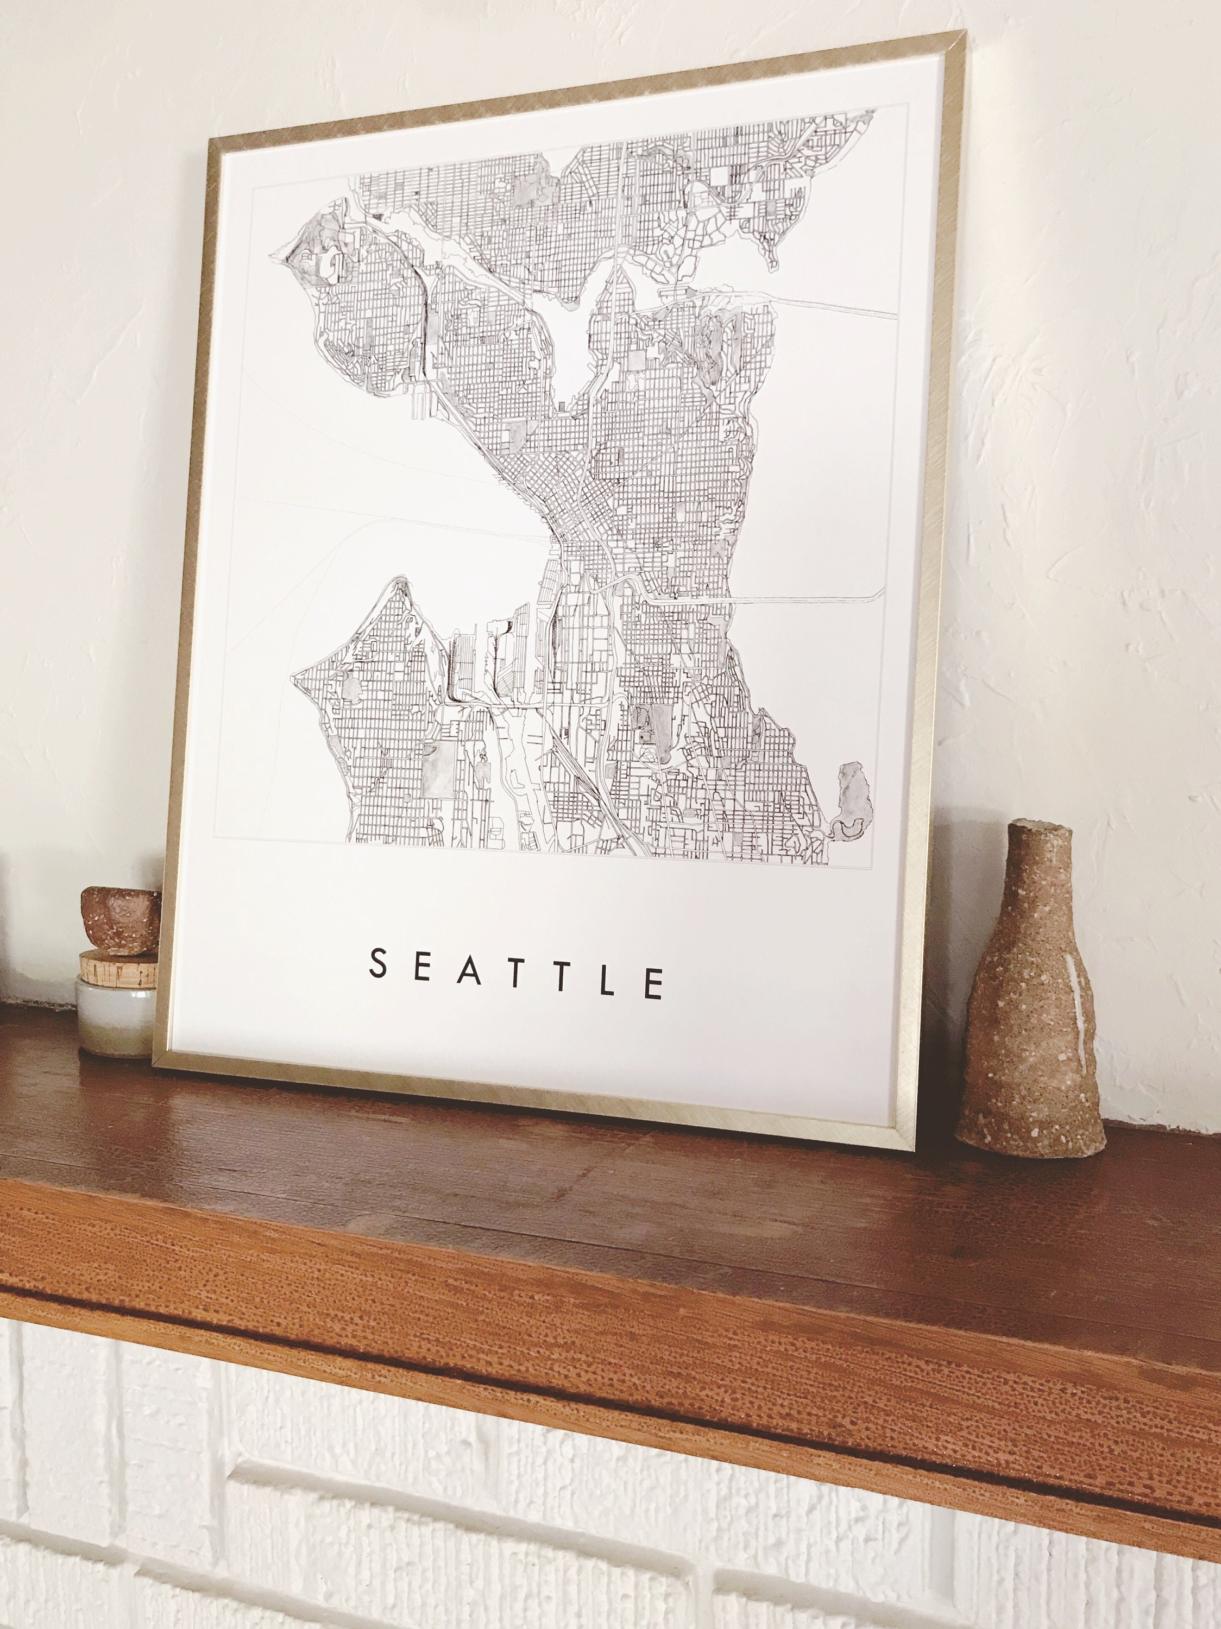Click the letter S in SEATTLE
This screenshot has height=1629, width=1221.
378,963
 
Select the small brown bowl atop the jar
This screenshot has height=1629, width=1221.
120,920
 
